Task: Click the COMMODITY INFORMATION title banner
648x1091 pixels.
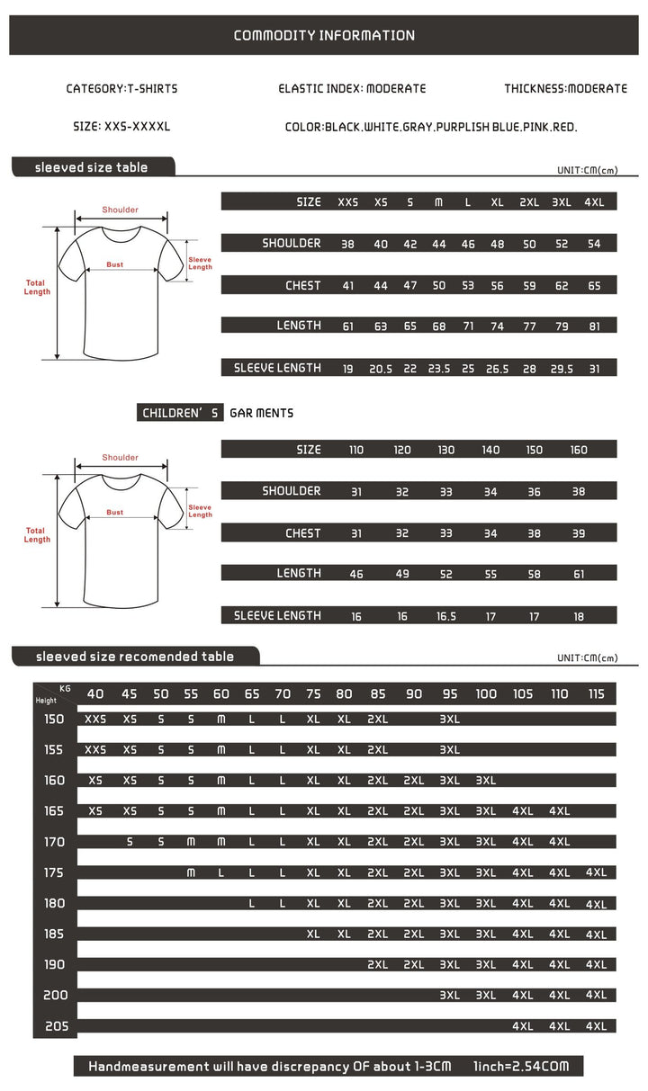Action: pyautogui.click(x=324, y=36)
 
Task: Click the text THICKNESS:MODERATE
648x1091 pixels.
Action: pyautogui.click(x=565, y=89)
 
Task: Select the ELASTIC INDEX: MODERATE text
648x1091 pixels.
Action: pyautogui.click(x=352, y=89)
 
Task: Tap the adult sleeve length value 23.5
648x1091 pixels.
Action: pyautogui.click(x=439, y=368)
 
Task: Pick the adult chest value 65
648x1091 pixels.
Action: pyautogui.click(x=594, y=286)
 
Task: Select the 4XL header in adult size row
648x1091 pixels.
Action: pyautogui.click(x=594, y=202)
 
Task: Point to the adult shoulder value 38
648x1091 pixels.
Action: pyautogui.click(x=347, y=244)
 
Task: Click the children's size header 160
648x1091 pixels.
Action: pyautogui.click(x=579, y=450)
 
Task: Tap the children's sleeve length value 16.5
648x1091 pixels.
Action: pyautogui.click(x=446, y=616)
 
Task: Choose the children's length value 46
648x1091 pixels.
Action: pyautogui.click(x=356, y=574)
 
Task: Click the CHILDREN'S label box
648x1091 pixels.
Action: pyautogui.click(x=181, y=414)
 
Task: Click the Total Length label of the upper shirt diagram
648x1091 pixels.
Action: pyautogui.click(x=37, y=287)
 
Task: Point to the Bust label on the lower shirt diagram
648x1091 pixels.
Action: pyautogui.click(x=114, y=512)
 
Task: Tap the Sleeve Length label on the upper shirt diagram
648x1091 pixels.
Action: pyautogui.click(x=200, y=263)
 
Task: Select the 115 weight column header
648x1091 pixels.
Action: pyautogui.click(x=596, y=693)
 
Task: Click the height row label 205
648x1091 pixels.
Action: pyautogui.click(x=55, y=1026)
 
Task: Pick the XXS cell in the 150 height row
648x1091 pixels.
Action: pyautogui.click(x=95, y=720)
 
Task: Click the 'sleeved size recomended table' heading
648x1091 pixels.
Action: pyautogui.click(x=135, y=657)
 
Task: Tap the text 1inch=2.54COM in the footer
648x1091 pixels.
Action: pyautogui.click(x=521, y=1067)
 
